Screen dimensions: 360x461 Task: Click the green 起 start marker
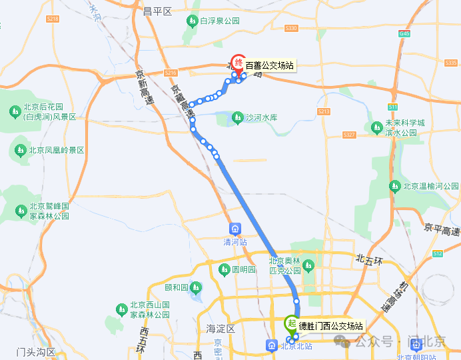pyautogui.click(x=291, y=324)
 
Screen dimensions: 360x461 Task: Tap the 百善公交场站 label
pyautogui.click(x=269, y=65)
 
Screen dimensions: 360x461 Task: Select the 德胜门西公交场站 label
pyautogui.click(x=330, y=326)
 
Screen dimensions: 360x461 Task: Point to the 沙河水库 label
pyautogui.click(x=260, y=118)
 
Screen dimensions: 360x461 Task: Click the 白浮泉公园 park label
pyautogui.click(x=219, y=21)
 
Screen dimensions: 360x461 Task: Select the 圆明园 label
pyautogui.click(x=243, y=270)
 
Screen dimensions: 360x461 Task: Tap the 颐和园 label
pyautogui.click(x=177, y=288)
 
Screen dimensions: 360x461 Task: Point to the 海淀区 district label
pyautogui.click(x=221, y=329)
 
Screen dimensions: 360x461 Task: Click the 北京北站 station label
pyautogui.click(x=296, y=345)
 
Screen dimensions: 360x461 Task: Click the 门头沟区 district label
pyautogui.click(x=36, y=351)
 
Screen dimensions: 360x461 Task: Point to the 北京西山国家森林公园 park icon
pyautogui.click(x=121, y=309)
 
